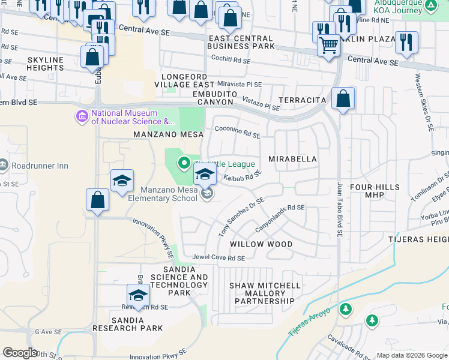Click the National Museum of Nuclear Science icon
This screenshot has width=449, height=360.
click(81, 114)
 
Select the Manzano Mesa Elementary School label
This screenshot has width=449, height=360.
click(161, 194)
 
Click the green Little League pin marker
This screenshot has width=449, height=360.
click(184, 162)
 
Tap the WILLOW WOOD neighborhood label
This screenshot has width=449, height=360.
click(261, 244)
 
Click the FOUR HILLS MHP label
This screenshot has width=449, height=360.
click(375, 191)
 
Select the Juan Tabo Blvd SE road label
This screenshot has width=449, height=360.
click(340, 211)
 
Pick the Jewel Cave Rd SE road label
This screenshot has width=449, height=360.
click(218, 258)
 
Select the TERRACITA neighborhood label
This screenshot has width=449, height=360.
click(303, 100)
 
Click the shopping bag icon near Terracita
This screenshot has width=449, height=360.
click(342, 100)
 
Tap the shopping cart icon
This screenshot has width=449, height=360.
click(328, 46)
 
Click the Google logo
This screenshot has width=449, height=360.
click(20, 353)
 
